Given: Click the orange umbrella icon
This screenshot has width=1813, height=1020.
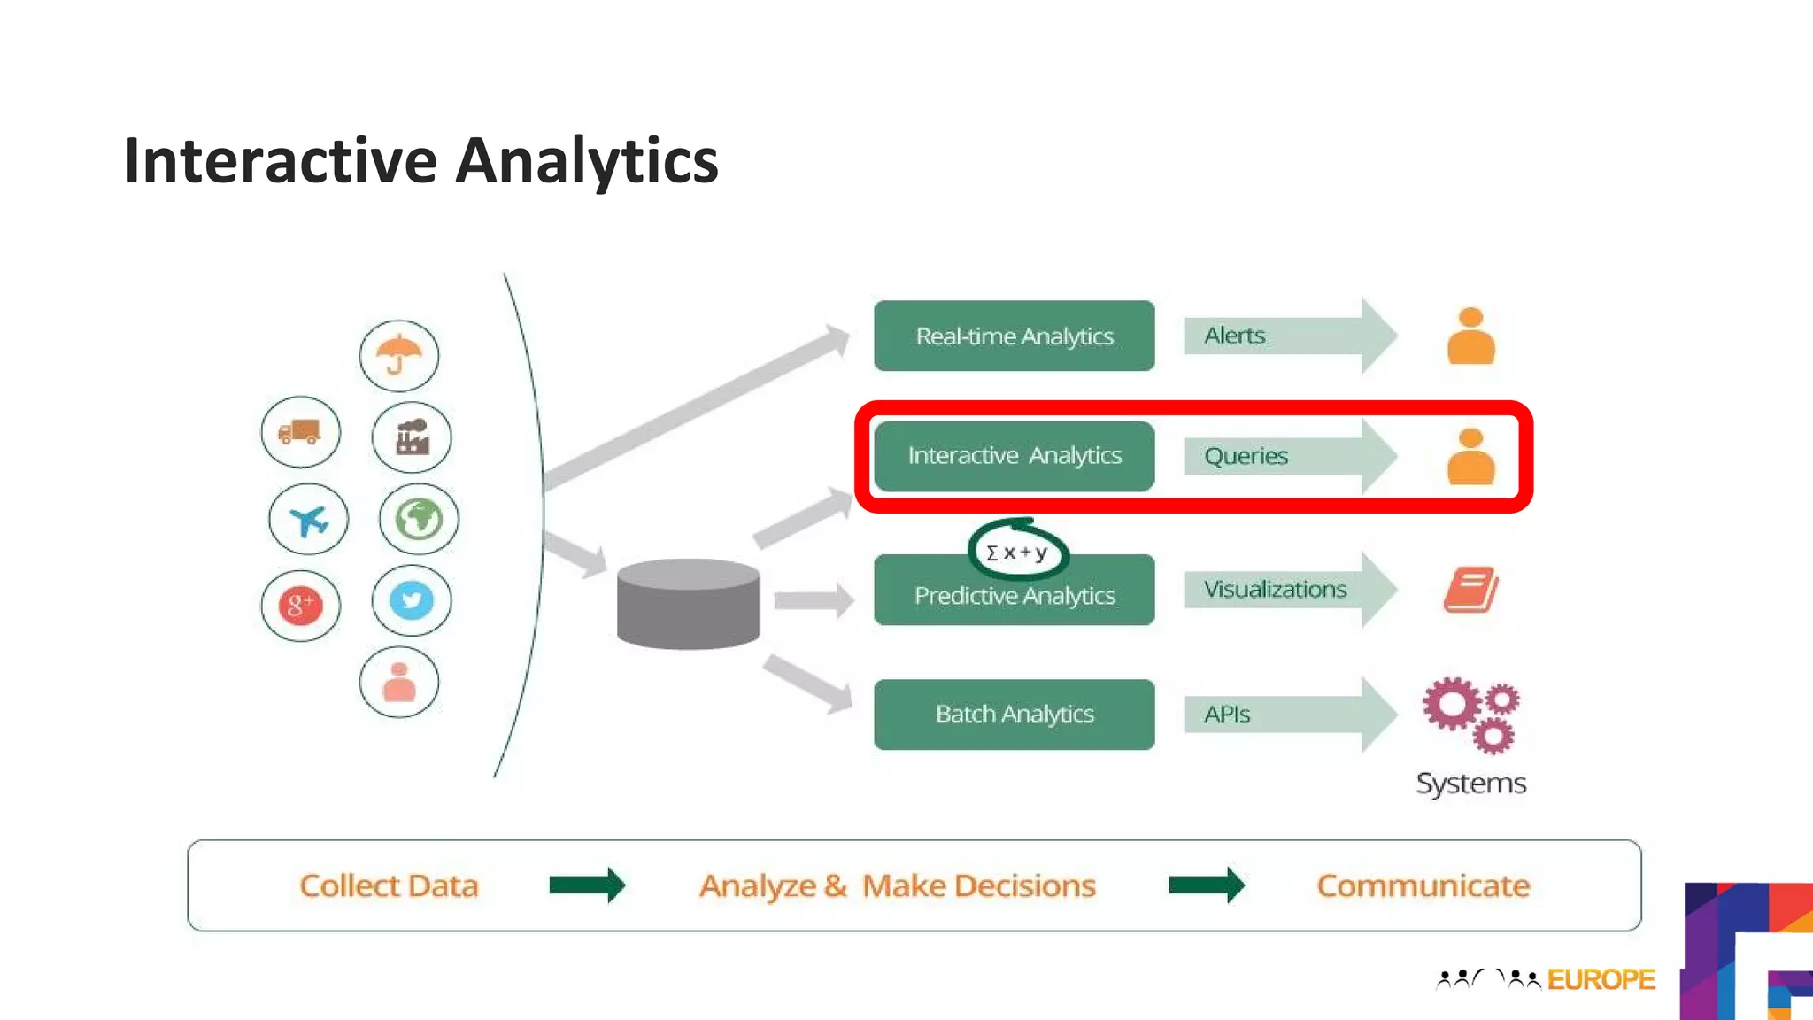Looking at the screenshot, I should pos(398,355).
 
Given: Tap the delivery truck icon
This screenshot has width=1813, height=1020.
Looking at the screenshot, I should pos(300,432).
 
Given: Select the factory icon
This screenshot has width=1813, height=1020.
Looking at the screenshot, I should pos(412,437).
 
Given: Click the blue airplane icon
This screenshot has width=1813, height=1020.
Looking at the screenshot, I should pos(308,520).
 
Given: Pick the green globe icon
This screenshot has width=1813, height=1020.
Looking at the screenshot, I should pos(419,519).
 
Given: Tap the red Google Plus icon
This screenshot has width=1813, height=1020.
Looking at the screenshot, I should pos(300,606).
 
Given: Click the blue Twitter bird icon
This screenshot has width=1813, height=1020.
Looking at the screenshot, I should pos(412,600).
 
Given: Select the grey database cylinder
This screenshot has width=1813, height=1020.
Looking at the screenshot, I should pos(688,604).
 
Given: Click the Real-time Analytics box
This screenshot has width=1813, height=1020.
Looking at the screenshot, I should pos(1014,336).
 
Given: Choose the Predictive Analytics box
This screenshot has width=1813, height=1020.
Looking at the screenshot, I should pos(1014,596).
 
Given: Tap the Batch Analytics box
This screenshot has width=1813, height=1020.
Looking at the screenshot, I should pos(1014,715).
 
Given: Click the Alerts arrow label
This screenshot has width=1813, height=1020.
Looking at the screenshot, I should pos(1235,336).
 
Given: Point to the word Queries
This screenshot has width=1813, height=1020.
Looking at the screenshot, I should pos(1246,456).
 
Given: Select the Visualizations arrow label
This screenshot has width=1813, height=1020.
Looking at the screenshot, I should pos(1275,590).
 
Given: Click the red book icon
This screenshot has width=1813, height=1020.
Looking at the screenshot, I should pos(1470,590).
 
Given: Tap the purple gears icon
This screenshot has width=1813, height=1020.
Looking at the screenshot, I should pos(1470,714).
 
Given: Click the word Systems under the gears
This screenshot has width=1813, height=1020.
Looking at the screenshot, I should pos(1470,784).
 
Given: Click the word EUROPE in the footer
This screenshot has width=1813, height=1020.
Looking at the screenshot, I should pos(1601,979).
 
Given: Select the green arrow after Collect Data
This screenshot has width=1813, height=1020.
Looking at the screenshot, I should pos(587,885).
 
